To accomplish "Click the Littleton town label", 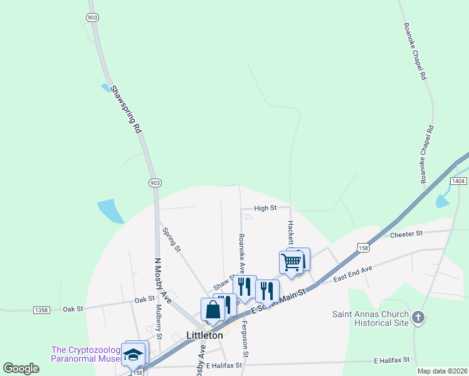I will (204, 335).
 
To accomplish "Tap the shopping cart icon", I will (292, 262).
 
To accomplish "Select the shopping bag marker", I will (213, 309).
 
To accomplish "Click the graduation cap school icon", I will (133, 355).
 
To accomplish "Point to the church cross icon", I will (419, 318).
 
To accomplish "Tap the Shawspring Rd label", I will (125, 110).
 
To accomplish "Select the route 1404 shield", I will (458, 180).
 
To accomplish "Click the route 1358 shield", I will (41, 310).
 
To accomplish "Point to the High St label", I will (265, 208).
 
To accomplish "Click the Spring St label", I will (171, 239).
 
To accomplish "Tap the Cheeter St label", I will (407, 234).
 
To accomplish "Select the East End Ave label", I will (353, 273).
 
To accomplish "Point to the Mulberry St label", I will (159, 321).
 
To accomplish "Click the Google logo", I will (21, 368).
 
